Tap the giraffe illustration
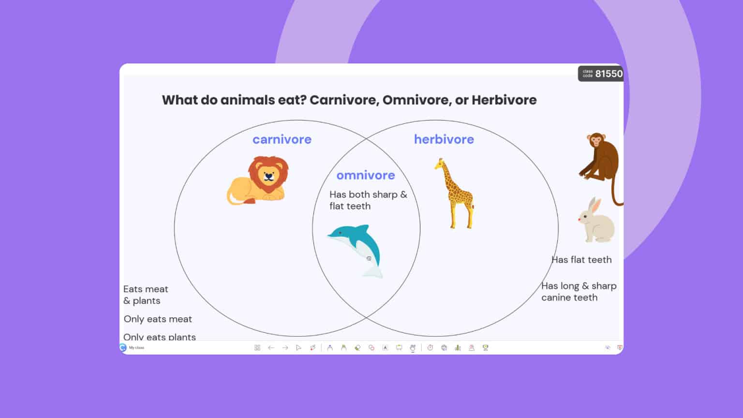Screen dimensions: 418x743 coord(455,193)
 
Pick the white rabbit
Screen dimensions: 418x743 coord(596,223)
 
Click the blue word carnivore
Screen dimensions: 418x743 coord(282,139)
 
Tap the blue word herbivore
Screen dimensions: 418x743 coord(444,139)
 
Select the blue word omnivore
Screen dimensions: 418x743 coord(366,175)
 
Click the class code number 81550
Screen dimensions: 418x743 coord(609,74)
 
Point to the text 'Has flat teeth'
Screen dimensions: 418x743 coord(581,260)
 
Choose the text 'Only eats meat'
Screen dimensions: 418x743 coord(158,319)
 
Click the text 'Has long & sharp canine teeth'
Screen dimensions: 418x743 coord(579,292)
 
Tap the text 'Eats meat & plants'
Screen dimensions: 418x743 coord(145,295)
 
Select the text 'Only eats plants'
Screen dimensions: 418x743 coord(159,337)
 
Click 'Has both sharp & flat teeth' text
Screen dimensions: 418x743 coord(368,200)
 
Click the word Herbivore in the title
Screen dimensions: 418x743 coord(504,100)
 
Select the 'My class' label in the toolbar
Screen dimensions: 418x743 coord(136,348)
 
